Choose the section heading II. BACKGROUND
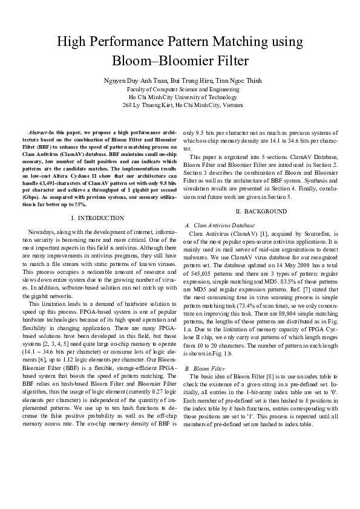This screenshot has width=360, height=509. click(x=261, y=211)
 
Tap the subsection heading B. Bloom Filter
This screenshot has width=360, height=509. click(x=205, y=368)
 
